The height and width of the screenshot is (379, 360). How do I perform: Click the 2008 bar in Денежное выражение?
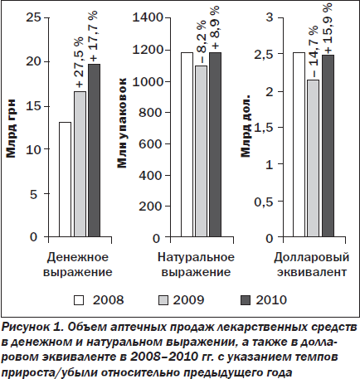click(65, 179)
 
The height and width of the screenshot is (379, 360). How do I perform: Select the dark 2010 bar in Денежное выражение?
click(94, 150)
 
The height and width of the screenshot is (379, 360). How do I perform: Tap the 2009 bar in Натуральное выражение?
click(201, 151)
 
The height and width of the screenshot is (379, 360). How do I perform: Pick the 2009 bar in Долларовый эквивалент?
click(313, 158)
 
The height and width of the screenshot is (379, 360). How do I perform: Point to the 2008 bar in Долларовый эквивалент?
click(299, 144)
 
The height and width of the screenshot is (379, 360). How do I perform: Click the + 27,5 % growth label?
click(80, 62)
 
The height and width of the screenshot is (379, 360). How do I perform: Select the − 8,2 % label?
click(202, 41)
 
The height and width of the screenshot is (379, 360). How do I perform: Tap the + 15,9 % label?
click(328, 28)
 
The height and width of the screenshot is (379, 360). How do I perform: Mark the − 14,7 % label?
click(314, 51)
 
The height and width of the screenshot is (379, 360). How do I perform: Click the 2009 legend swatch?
click(163, 300)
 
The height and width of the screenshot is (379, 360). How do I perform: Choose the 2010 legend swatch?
click(246, 300)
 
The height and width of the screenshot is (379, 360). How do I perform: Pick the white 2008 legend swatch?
click(79, 300)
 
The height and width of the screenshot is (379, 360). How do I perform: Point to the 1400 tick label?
click(148, 17)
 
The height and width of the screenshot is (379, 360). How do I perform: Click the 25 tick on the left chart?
click(34, 17)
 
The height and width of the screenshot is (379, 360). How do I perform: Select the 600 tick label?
click(150, 144)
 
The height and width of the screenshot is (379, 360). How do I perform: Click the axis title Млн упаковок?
click(122, 123)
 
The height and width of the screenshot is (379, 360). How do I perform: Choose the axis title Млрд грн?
click(11, 128)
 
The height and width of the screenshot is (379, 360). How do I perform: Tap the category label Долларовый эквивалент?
click(312, 265)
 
